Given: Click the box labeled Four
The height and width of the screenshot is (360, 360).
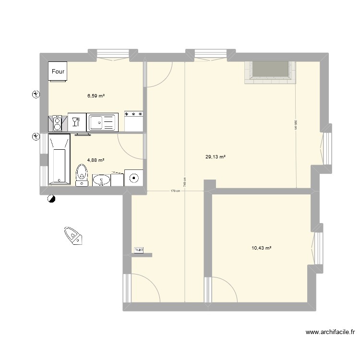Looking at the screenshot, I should pos(58,72).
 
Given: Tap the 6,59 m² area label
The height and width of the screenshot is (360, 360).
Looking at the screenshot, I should pos(96,96).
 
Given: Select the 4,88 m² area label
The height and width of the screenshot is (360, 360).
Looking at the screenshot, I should pos(96,160).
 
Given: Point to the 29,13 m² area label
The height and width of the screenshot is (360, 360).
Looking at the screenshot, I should pos(215,156).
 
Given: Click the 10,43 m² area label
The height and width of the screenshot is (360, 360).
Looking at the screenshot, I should pos(262,248).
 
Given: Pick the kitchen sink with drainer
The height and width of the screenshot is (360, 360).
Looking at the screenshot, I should pos(102,122).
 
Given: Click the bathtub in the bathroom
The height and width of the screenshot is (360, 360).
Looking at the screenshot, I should pos(59,159).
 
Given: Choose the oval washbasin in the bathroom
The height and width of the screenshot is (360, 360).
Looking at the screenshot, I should pos(101,180).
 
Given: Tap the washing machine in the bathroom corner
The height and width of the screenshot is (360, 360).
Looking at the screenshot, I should pos(133,177).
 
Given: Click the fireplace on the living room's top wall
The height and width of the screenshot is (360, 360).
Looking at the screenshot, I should pos(270,72).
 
